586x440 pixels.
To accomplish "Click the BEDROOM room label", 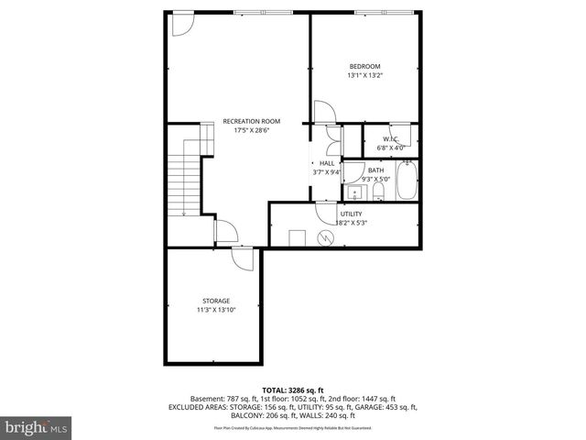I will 364,66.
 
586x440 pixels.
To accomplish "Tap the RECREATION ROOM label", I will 252,121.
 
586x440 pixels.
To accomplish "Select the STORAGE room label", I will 216,301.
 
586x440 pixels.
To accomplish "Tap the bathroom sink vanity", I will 354,193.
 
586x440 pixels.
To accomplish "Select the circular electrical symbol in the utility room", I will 322,238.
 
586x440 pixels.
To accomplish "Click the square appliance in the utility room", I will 297,237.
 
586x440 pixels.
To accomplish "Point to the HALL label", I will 326,163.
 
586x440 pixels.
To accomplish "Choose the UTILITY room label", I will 351,214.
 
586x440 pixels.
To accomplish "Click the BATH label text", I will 376,170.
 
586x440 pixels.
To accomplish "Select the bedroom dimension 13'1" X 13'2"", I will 364,75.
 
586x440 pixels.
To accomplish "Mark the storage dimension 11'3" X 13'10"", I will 216,310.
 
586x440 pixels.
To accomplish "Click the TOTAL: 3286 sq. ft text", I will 293,390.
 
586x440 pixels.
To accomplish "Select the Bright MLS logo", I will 37,427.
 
